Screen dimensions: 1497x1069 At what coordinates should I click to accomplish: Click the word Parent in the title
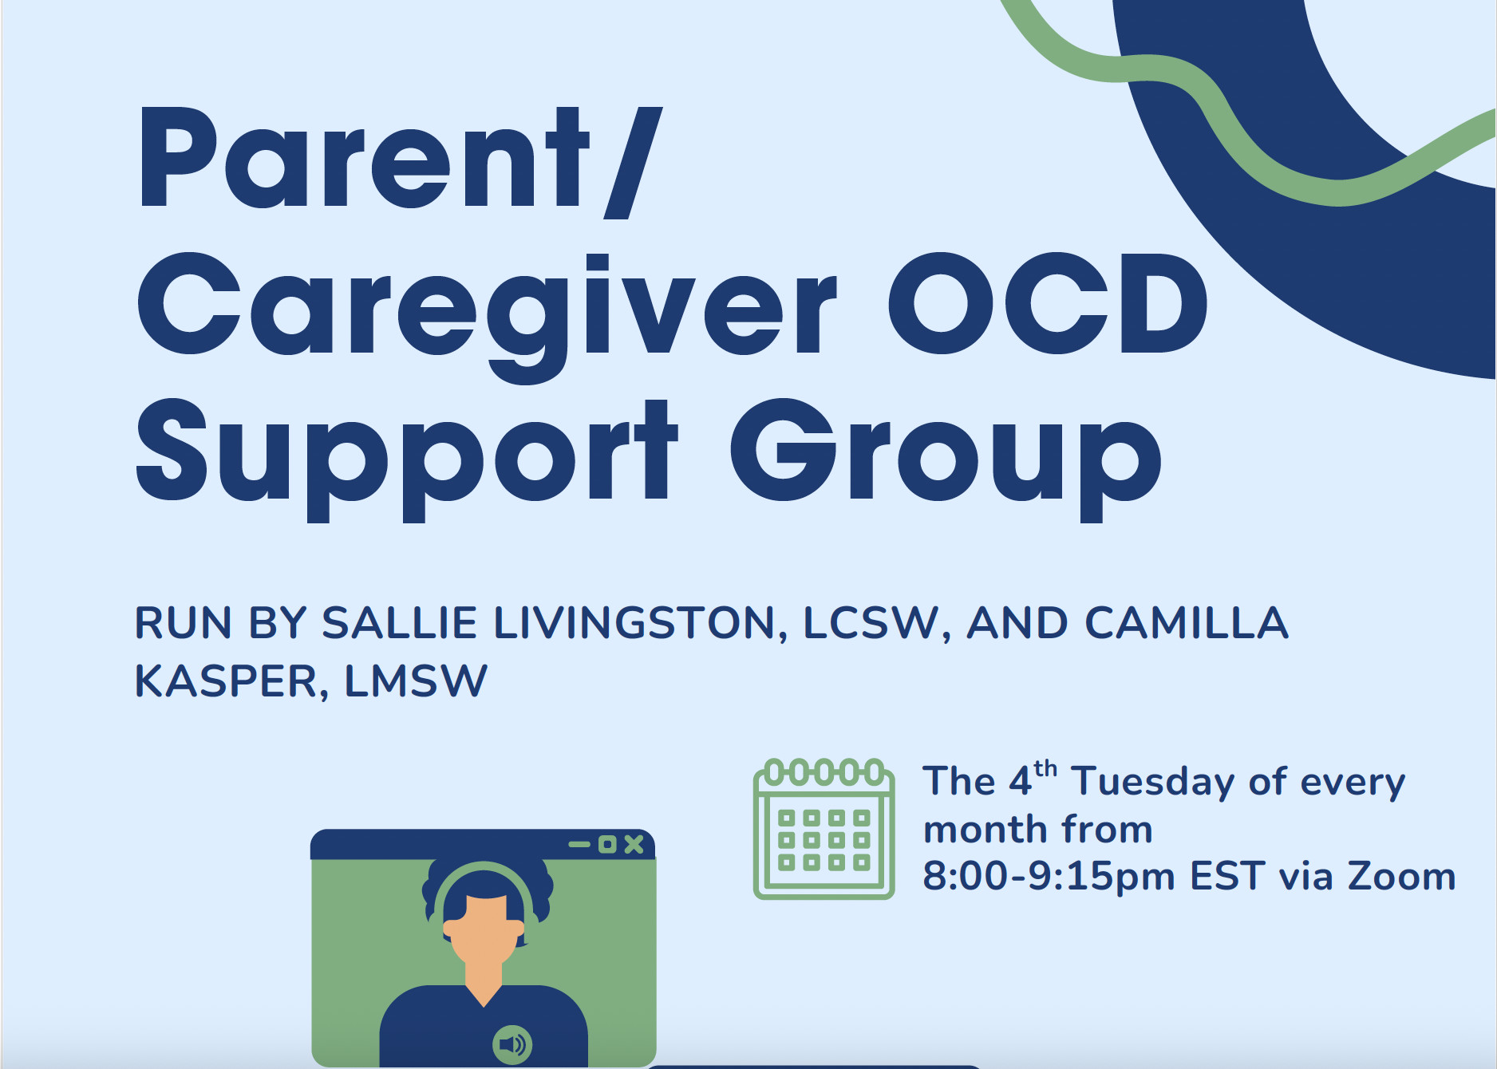click(x=364, y=158)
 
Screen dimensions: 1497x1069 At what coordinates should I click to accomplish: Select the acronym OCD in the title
click(x=1049, y=303)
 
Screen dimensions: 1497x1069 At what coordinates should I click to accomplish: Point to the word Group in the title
click(x=946, y=460)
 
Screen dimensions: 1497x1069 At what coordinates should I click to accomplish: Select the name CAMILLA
click(x=1187, y=622)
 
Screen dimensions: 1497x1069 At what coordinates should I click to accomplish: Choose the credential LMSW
click(x=416, y=680)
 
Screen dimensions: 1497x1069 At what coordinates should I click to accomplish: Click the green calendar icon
click(x=824, y=829)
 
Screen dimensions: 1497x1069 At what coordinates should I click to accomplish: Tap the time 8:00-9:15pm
click(x=1049, y=876)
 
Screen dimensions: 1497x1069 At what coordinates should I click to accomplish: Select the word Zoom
click(x=1402, y=876)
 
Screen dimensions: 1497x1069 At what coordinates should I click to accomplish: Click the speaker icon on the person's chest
click(x=512, y=1044)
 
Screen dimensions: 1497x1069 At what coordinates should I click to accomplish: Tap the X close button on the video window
click(x=634, y=844)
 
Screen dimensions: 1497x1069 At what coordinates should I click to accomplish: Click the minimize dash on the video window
click(x=579, y=844)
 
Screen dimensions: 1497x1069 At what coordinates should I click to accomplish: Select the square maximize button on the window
click(x=607, y=844)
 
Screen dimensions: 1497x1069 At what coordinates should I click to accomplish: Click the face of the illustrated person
click(x=484, y=929)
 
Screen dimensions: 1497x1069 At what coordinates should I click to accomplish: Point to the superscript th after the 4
click(x=1045, y=769)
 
